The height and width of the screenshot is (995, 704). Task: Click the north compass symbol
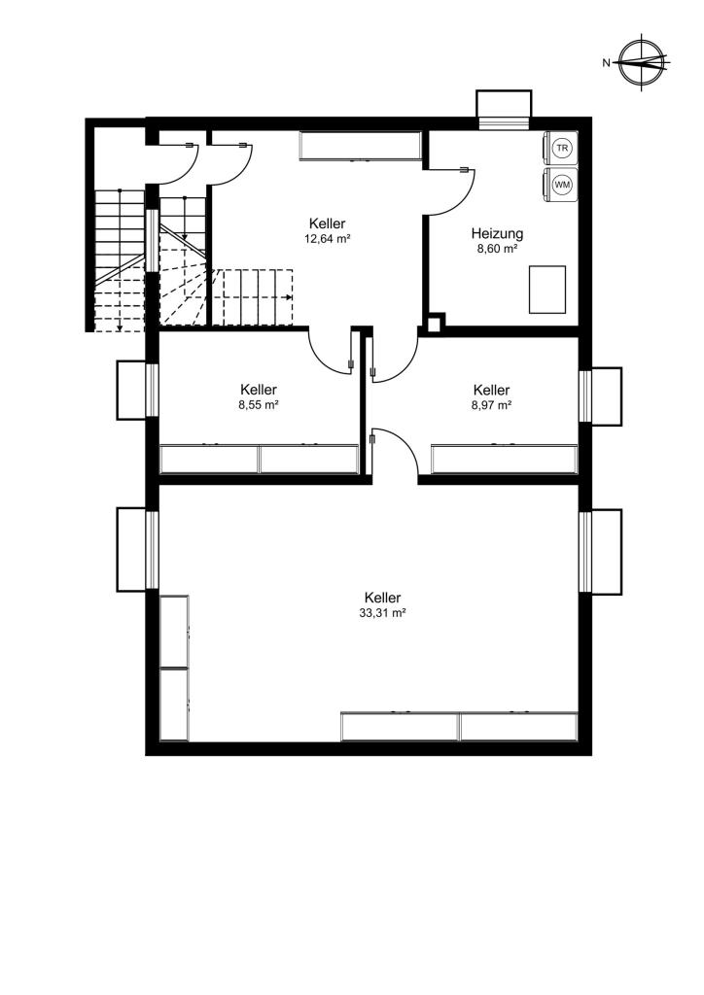[x=644, y=63]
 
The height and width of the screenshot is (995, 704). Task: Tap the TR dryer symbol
[x=561, y=149]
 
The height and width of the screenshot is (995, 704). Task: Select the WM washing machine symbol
[x=561, y=185]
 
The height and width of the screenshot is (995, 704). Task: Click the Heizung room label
[x=497, y=233]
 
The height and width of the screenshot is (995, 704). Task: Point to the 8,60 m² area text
[x=497, y=250]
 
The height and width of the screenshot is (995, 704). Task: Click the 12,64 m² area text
[x=328, y=239]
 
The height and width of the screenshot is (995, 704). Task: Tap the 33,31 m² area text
[x=382, y=613]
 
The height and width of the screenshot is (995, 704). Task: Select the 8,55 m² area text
[x=259, y=405]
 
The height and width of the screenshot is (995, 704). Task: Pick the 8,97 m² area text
[x=491, y=405]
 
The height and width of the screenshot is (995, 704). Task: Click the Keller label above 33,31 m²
[x=382, y=598]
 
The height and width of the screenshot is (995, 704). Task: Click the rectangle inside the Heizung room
[x=547, y=290]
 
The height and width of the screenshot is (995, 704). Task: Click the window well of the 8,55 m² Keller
[x=132, y=391]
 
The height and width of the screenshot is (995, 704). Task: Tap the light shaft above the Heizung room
[x=504, y=104]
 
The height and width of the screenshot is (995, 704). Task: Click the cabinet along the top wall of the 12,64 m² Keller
[x=361, y=146]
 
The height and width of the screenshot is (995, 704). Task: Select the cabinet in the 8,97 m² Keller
[x=505, y=460]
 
